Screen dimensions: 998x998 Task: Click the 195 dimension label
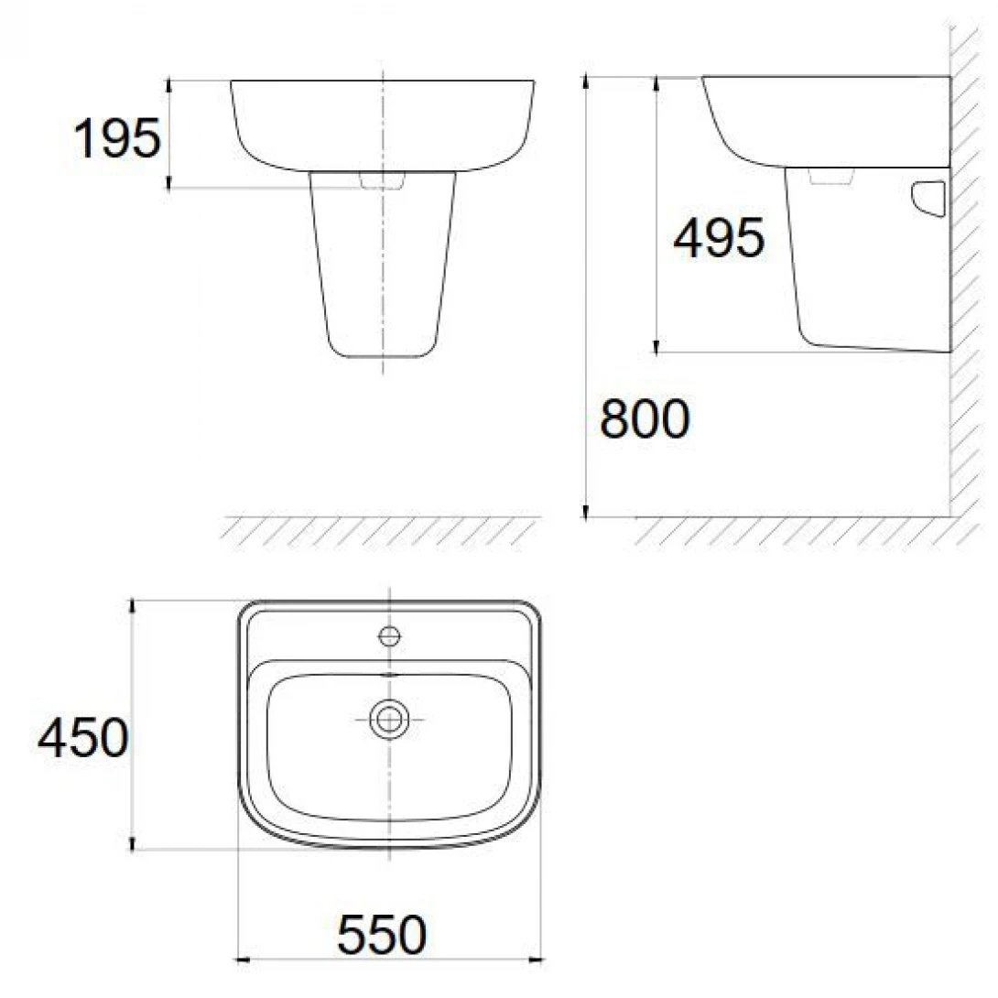pyautogui.click(x=116, y=139)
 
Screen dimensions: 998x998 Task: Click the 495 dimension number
pyautogui.click(x=718, y=240)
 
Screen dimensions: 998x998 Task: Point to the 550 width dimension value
pyautogui.click(x=383, y=936)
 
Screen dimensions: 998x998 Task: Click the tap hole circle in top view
pyautogui.click(x=390, y=634)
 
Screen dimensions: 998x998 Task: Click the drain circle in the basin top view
pyautogui.click(x=390, y=719)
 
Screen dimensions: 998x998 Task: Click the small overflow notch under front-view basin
pyautogui.click(x=383, y=182)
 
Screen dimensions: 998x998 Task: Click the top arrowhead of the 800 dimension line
pyautogui.click(x=585, y=83)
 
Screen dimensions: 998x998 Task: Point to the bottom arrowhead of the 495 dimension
pyautogui.click(x=656, y=345)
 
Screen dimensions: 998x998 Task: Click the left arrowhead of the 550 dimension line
pyautogui.click(x=244, y=960)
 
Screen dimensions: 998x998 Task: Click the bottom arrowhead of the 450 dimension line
pyautogui.click(x=134, y=843)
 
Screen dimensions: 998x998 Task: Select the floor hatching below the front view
pyautogui.click(x=380, y=530)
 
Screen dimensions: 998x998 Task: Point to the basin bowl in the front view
pyautogui.click(x=383, y=124)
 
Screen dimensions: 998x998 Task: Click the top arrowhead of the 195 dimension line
pyautogui.click(x=170, y=85)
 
